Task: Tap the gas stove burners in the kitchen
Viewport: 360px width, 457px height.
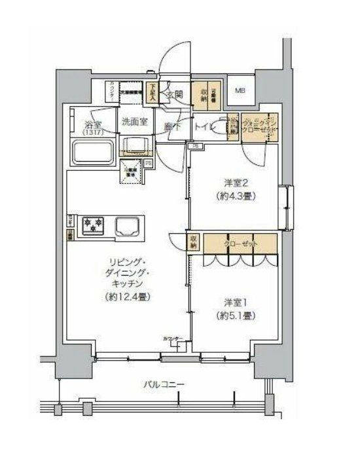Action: click(x=92, y=227)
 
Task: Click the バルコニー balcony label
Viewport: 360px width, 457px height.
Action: click(x=164, y=384)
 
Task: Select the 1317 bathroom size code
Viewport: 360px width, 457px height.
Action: click(x=89, y=133)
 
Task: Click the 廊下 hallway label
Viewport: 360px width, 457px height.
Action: click(x=172, y=126)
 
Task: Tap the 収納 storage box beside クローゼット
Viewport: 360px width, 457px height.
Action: click(x=194, y=243)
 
